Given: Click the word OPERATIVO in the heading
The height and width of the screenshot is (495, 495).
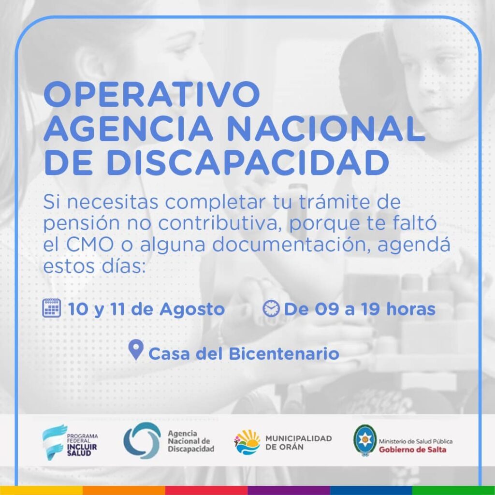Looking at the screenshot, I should (152, 94).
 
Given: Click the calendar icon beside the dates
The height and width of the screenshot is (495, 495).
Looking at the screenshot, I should (52, 308).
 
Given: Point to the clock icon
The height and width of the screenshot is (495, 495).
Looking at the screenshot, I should (271, 308).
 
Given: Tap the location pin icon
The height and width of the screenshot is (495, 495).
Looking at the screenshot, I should (136, 350).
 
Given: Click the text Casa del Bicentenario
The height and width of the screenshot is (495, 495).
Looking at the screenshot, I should (244, 353).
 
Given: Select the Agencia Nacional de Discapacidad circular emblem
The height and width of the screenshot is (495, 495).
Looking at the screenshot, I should (141, 440).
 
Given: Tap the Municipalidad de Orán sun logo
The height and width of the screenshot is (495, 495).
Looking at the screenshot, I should (247, 441).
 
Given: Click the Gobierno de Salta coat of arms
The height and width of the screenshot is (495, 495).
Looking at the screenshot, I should (364, 440).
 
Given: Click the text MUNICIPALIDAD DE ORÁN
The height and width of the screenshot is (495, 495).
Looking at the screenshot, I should (298, 442).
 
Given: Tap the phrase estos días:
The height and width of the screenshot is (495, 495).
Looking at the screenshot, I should (94, 266).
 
